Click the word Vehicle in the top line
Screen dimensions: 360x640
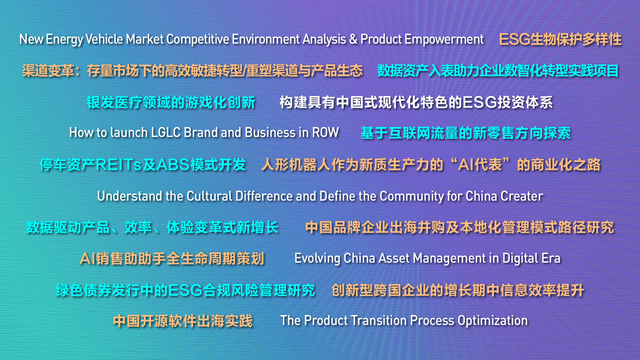point(104,39)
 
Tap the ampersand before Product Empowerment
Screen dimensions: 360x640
point(353,39)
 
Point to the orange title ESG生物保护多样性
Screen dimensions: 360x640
point(560,39)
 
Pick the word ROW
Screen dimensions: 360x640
point(325,133)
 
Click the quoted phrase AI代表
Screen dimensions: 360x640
point(480,165)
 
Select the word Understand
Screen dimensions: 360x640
point(130,196)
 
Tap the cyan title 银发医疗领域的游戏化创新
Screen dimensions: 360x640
point(171,102)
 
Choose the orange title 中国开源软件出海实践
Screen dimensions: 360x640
point(183,321)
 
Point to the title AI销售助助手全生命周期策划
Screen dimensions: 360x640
point(172,259)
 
